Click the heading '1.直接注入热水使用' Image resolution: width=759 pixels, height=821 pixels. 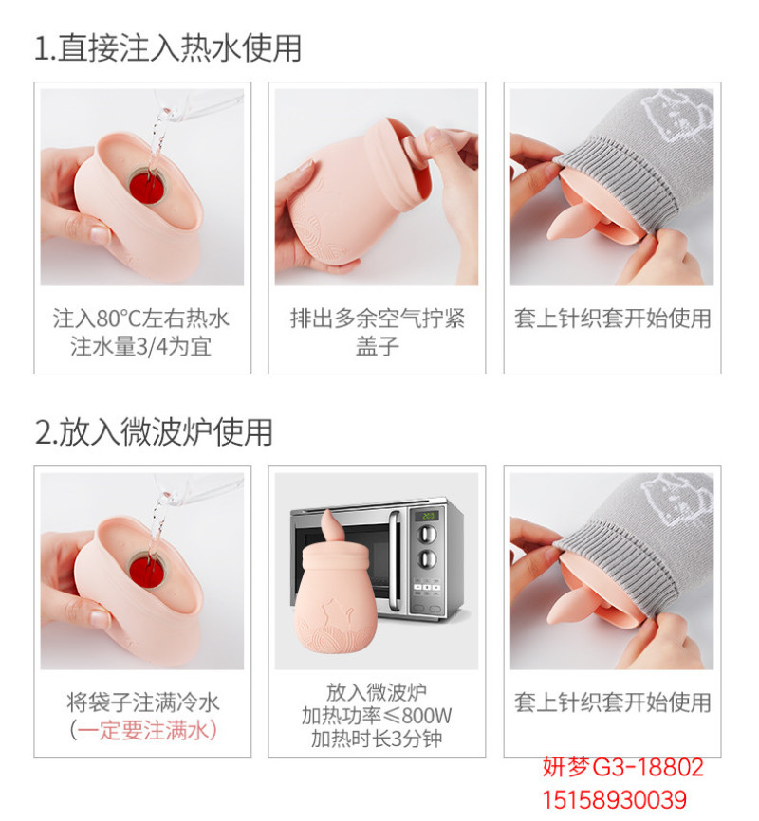click(x=168, y=48)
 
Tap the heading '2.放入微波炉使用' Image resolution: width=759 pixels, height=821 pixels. click(x=154, y=432)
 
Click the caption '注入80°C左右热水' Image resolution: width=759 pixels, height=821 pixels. click(x=141, y=319)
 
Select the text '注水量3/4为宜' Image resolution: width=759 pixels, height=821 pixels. click(x=141, y=347)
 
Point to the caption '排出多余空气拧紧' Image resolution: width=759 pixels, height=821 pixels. click(x=378, y=319)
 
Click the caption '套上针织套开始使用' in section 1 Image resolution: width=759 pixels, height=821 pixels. click(x=612, y=319)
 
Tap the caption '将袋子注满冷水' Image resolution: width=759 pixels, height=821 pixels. click(x=142, y=702)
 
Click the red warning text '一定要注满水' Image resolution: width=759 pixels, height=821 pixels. click(x=143, y=730)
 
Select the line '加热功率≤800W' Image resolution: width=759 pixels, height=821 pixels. click(x=377, y=715)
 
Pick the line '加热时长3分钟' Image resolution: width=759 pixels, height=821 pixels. click(x=377, y=739)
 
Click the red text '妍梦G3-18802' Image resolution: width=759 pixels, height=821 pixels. click(x=622, y=768)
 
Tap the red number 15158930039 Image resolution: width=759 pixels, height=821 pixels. click(x=614, y=800)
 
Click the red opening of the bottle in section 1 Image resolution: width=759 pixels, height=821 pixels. click(x=148, y=188)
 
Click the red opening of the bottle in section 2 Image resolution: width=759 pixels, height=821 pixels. click(x=148, y=570)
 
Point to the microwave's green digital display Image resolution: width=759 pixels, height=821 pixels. click(x=428, y=516)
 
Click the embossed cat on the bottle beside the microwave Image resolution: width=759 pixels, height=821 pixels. click(x=336, y=611)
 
